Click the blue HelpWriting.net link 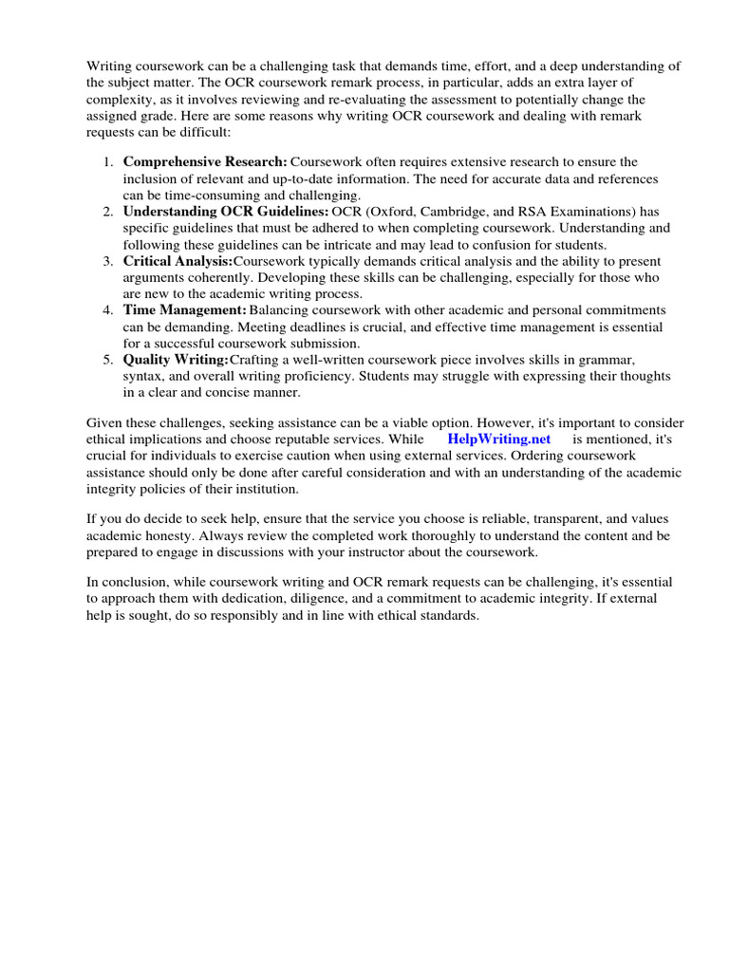(498, 439)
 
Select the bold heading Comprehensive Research (205, 162)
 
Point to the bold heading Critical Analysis (178, 261)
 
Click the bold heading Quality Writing (176, 360)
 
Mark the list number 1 (107, 162)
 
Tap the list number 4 (107, 310)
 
